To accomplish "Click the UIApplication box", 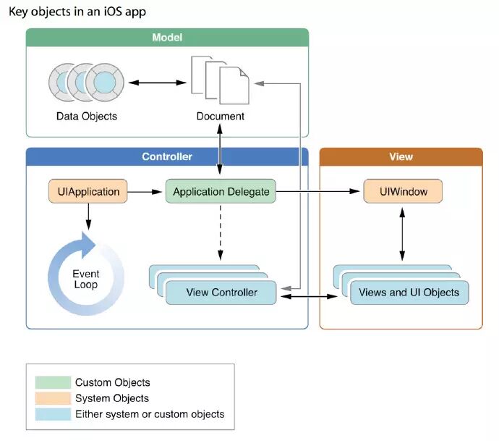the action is pyautogui.click(x=88, y=191).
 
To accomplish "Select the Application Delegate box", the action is pyautogui.click(x=221, y=191).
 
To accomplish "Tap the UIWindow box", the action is pyautogui.click(x=403, y=191).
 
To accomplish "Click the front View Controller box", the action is pyautogui.click(x=221, y=293).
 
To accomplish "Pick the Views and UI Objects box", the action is pyautogui.click(x=409, y=293).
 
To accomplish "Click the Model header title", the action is pyautogui.click(x=167, y=38).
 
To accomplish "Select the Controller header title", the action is pyautogui.click(x=167, y=156).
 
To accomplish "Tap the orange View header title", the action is pyautogui.click(x=401, y=156).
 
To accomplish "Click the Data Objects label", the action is pyautogui.click(x=87, y=117).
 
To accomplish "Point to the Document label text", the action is pyautogui.click(x=221, y=117).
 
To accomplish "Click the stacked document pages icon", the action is pyautogui.click(x=220, y=80).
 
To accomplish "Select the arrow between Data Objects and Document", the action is pyautogui.click(x=157, y=83).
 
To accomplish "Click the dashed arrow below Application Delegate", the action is pyautogui.click(x=221, y=232).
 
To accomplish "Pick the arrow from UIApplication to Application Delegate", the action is pyautogui.click(x=145, y=191).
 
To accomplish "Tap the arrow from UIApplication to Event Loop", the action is pyautogui.click(x=88, y=217).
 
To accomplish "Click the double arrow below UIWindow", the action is pyautogui.click(x=402, y=234).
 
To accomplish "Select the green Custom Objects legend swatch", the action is pyautogui.click(x=53, y=382).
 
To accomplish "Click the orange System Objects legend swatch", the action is pyautogui.click(x=53, y=398).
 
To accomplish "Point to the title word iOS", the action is pyautogui.click(x=113, y=12).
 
